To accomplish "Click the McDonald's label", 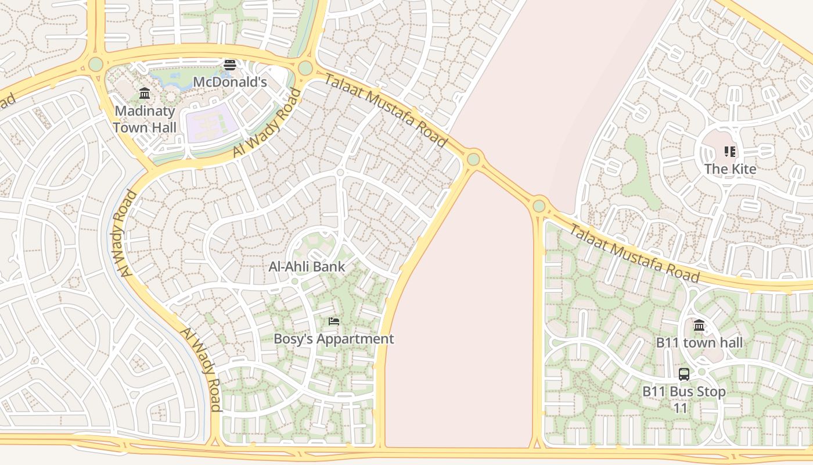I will point(229,82).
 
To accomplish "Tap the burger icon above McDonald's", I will point(230,65).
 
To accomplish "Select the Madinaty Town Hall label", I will point(145,119).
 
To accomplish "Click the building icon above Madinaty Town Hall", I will point(145,93).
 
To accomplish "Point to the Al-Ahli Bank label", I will point(307,267).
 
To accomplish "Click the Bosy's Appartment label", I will point(333,338).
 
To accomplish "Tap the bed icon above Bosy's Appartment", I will point(333,321).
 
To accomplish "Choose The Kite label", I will point(730,169).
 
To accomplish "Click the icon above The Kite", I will point(730,152).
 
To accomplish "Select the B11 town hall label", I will point(699,342).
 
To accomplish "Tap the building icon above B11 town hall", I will point(699,325).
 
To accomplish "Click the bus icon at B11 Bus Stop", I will point(684,374).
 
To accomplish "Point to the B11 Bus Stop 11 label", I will point(684,399).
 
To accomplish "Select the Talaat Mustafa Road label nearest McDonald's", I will point(386,111).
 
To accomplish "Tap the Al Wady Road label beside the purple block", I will point(268,123).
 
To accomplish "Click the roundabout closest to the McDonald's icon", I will point(305,68).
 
